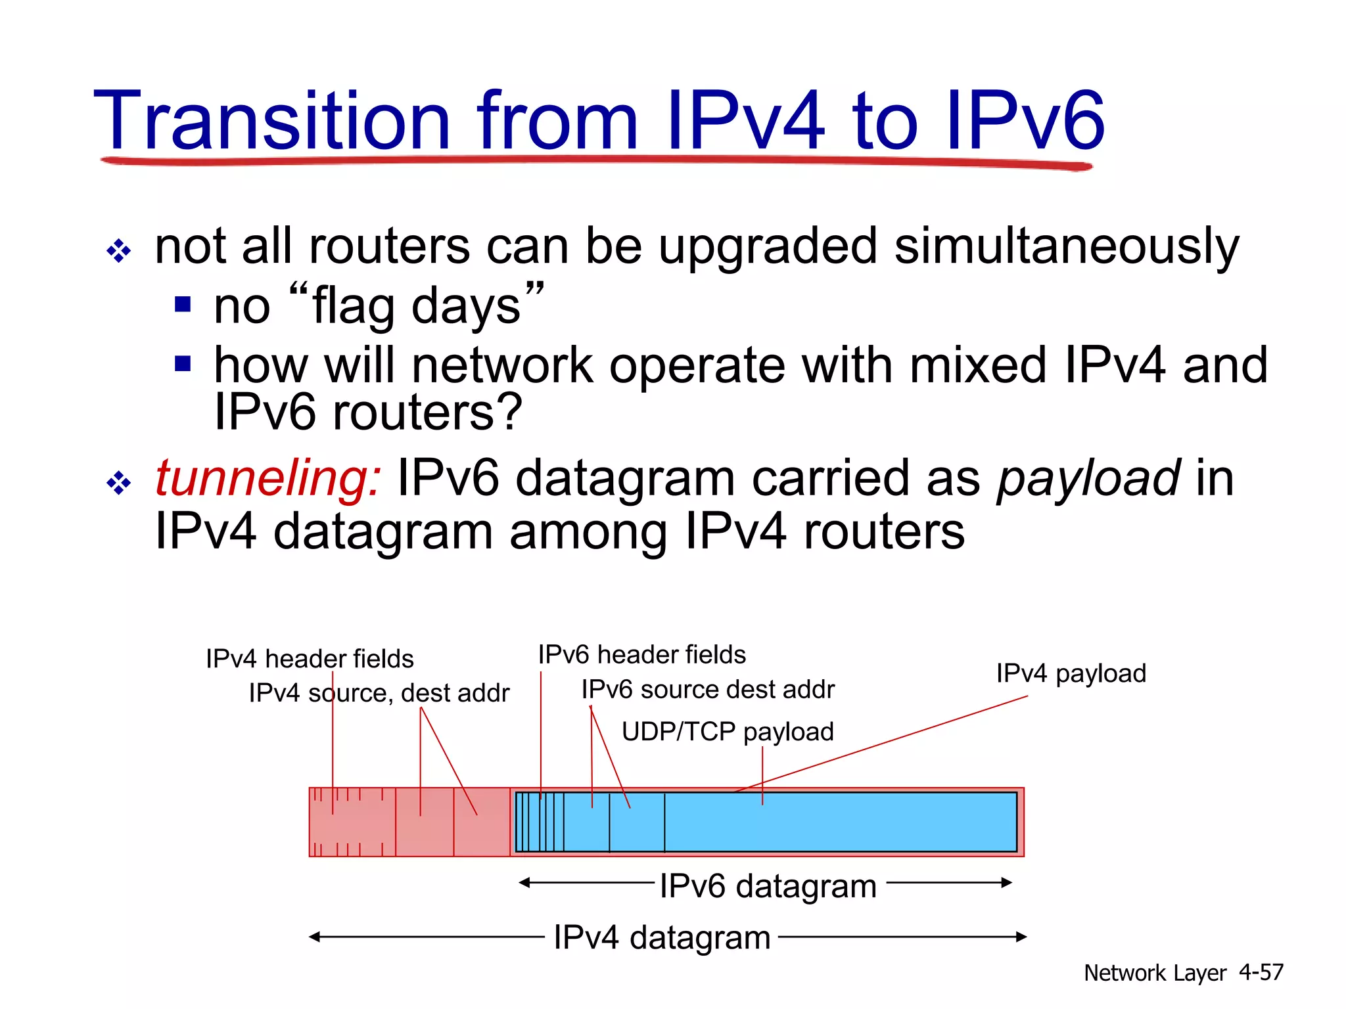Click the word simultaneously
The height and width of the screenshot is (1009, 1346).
1066,247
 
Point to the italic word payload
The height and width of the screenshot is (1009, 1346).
1088,478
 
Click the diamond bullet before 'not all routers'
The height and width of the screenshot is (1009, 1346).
118,251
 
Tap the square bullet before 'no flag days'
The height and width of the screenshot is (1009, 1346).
183,305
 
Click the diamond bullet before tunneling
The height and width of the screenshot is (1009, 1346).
118,483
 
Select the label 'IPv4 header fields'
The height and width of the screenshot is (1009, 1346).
310,659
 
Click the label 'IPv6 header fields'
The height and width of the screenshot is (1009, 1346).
641,655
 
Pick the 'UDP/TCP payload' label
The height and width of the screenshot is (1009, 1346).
728,732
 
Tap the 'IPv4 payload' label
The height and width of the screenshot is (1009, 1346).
1071,674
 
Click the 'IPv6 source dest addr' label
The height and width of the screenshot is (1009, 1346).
708,690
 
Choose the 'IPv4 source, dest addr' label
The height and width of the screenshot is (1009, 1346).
379,693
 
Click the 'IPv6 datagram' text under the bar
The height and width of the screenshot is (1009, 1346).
768,886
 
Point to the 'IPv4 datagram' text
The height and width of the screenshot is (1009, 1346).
662,937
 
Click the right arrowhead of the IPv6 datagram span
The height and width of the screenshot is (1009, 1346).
1007,883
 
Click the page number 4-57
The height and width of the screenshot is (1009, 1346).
1261,972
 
